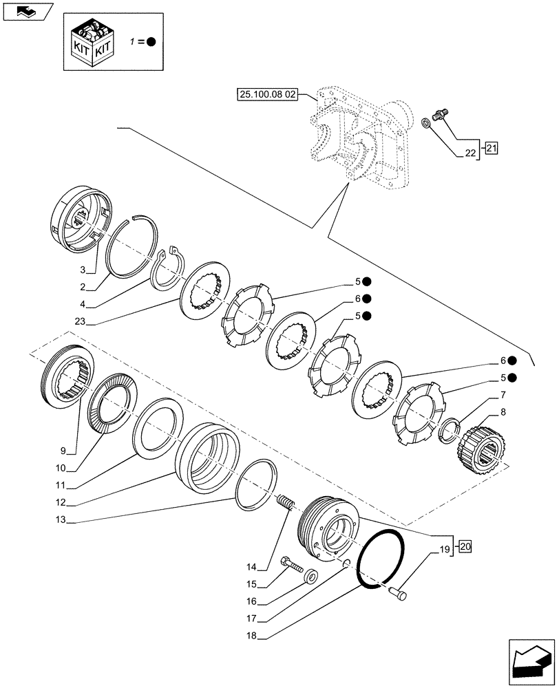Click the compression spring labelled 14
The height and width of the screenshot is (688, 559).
(x=286, y=512)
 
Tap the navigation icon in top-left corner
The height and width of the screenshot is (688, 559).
(x=27, y=12)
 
